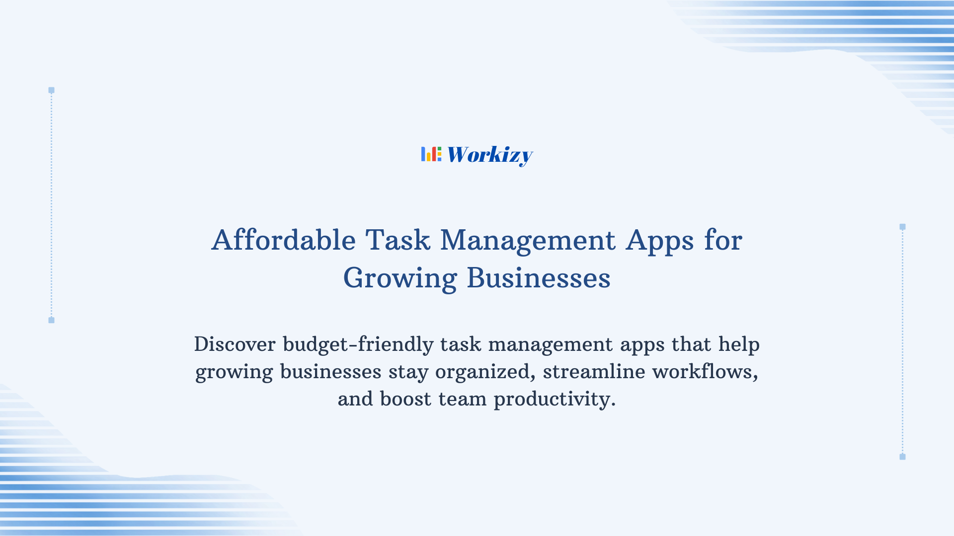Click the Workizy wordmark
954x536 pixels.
[489, 155]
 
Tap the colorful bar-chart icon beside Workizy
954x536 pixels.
[431, 154]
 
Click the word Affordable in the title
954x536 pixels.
[283, 240]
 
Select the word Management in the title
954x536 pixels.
[528, 240]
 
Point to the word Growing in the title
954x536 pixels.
[400, 278]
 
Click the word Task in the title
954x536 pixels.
[397, 240]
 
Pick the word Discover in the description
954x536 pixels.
[235, 344]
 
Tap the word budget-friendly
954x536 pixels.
[358, 344]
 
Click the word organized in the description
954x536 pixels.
[485, 372]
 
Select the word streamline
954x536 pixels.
[594, 372]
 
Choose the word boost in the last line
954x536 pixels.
[405, 399]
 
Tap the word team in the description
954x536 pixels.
[462, 399]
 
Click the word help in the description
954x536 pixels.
[739, 344]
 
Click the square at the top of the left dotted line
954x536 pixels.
[51, 90]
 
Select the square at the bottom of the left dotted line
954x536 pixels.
[51, 320]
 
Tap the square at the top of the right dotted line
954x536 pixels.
[902, 227]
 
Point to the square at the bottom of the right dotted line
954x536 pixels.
[902, 457]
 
